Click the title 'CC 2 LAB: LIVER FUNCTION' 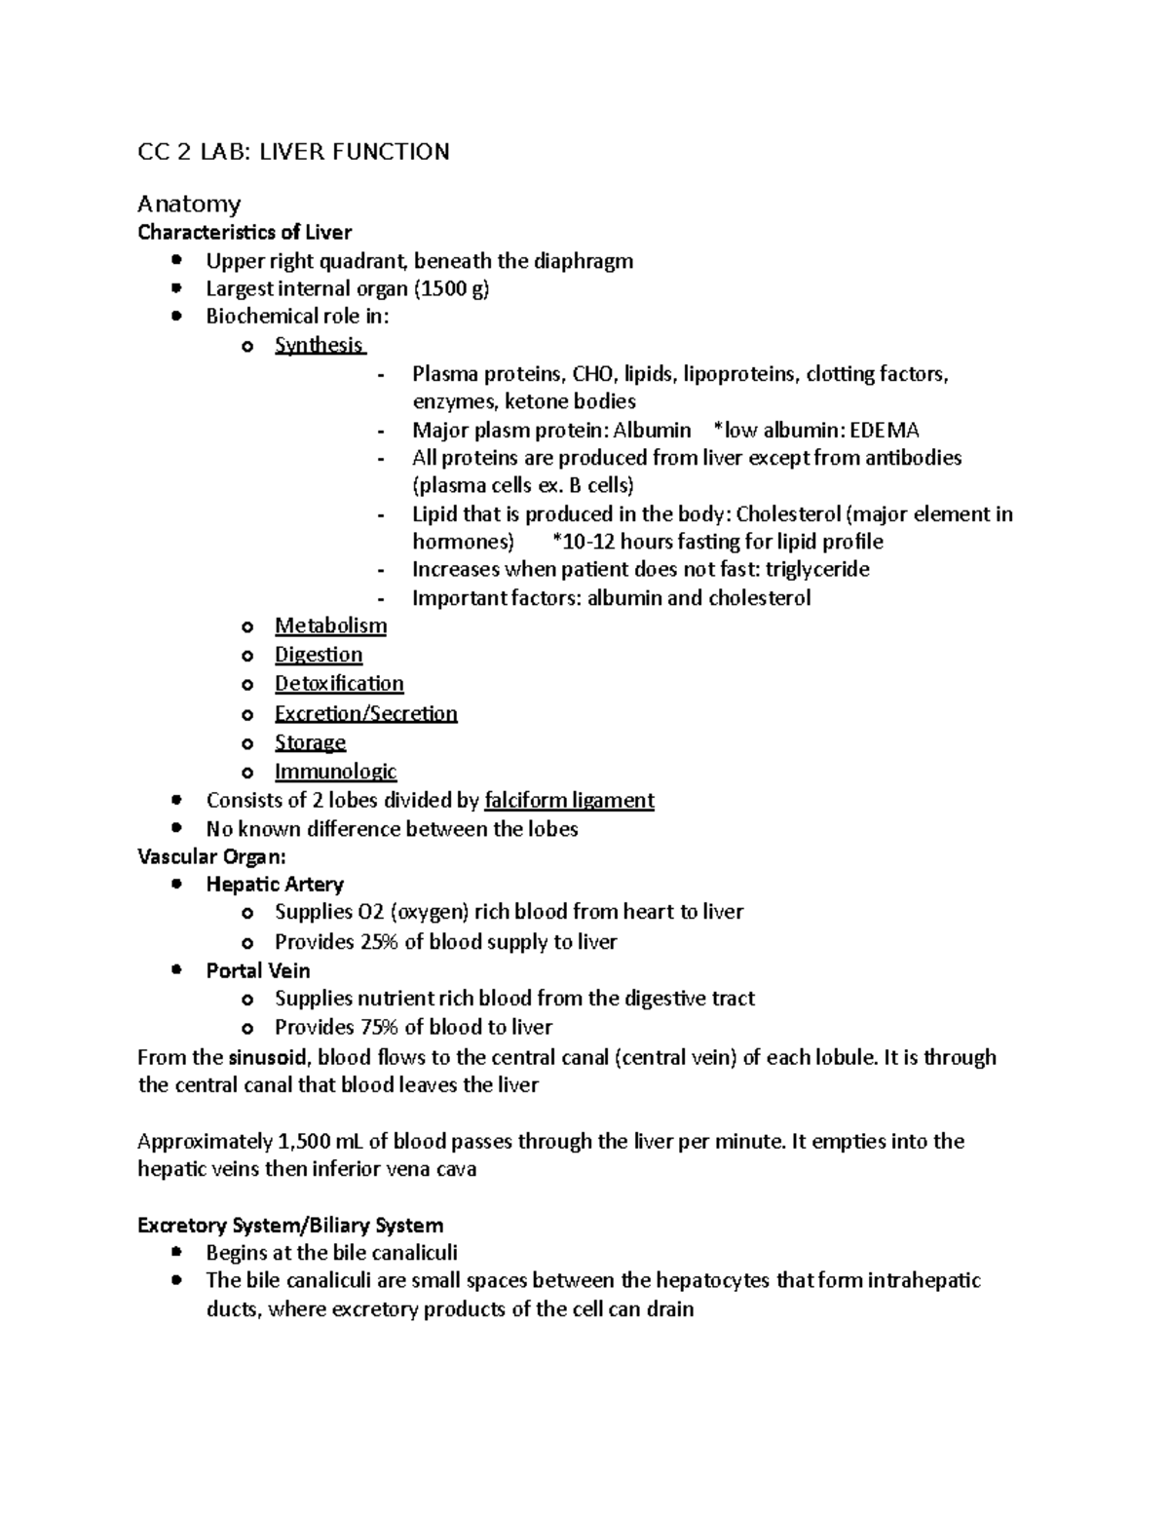click(x=293, y=152)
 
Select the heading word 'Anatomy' click(x=189, y=204)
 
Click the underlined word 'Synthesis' click(x=319, y=345)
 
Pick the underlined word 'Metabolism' click(x=330, y=625)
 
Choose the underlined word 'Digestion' click(x=319, y=655)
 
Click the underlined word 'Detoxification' click(x=339, y=684)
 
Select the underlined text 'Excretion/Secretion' click(x=365, y=713)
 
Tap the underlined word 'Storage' click(x=310, y=742)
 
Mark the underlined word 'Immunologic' click(x=335, y=772)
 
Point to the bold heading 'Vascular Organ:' click(x=212, y=857)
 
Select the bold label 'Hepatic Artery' click(x=275, y=885)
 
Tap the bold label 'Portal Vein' click(x=258, y=971)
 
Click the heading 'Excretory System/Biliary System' click(x=290, y=1226)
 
